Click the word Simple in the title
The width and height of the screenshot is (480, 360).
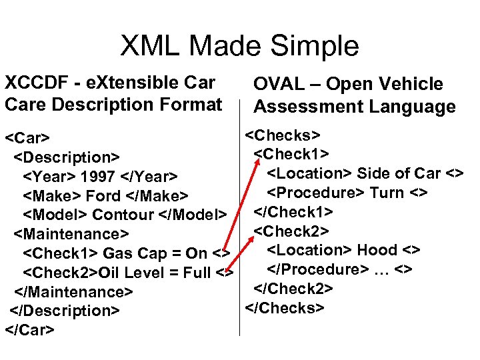pyautogui.click(x=314, y=46)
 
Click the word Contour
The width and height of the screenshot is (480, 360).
pyautogui.click(x=123, y=215)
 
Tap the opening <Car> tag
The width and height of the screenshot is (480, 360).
pyautogui.click(x=27, y=139)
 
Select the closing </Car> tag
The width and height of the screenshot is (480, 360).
pyautogui.click(x=29, y=329)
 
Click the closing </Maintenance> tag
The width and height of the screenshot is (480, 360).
pyautogui.click(x=73, y=292)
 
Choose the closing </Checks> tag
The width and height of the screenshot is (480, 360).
pyautogui.click(x=285, y=308)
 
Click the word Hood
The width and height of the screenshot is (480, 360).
pyautogui.click(x=378, y=250)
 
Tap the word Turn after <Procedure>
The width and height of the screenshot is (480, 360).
pyautogui.click(x=387, y=193)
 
